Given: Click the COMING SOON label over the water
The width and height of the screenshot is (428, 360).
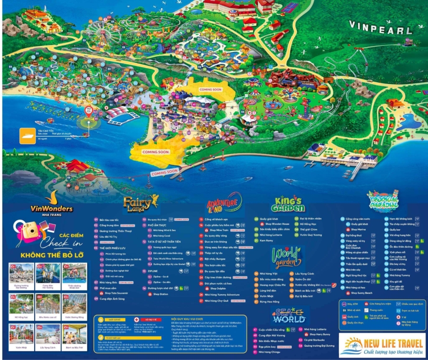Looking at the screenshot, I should pyautogui.click(x=165, y=172).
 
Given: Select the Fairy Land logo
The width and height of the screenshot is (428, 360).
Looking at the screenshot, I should pyautogui.click(x=141, y=203).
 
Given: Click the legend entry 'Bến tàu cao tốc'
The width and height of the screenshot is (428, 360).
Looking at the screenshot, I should pyautogui.click(x=107, y=220).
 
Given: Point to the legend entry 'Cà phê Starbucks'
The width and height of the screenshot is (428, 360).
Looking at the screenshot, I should pyautogui.click(x=316, y=340).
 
